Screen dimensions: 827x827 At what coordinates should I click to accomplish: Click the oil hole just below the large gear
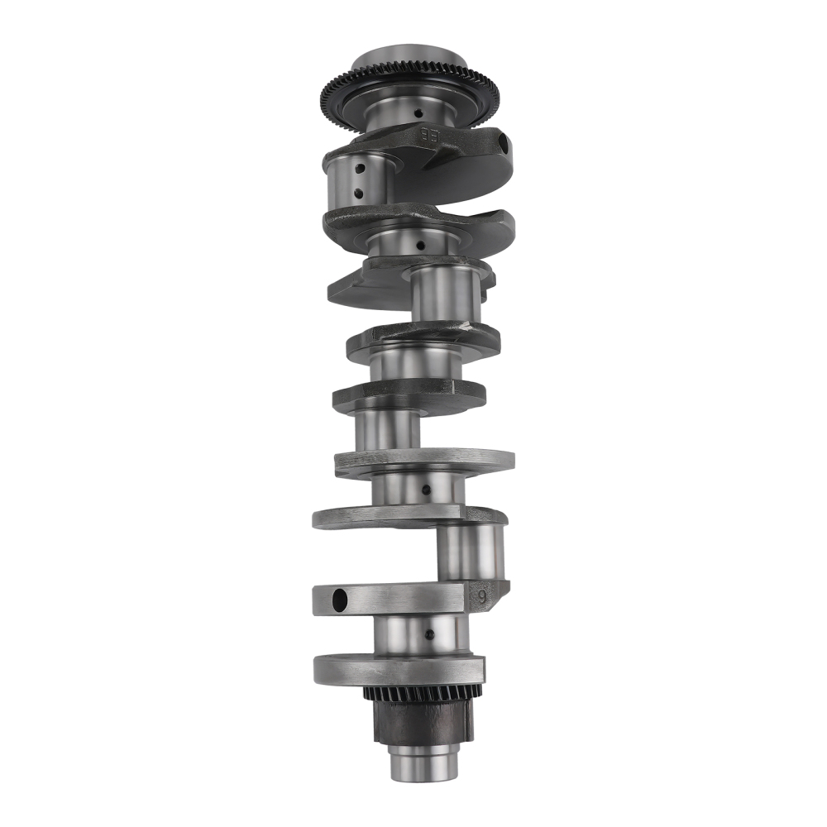418,113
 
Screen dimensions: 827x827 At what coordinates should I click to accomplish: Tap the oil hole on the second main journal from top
421,245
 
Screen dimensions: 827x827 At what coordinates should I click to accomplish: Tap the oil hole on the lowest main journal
428,634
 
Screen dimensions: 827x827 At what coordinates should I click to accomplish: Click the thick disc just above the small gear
397,667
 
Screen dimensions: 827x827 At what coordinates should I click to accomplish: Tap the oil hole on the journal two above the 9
426,490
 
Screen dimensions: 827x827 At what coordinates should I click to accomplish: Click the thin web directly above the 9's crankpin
409,517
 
